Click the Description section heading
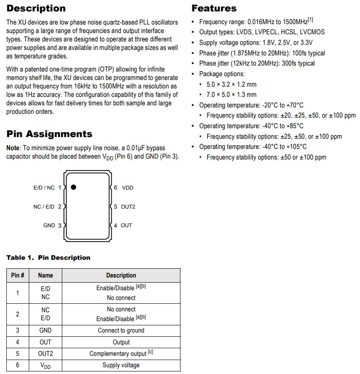36,8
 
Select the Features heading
214,8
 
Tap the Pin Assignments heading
49,134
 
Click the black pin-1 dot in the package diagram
73,187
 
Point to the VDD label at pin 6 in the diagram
127,188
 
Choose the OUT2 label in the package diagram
128,207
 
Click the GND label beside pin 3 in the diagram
49,225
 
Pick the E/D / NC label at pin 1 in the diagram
44,188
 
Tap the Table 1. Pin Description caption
48,258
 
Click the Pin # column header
17,275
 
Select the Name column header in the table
45,275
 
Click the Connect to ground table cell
121,330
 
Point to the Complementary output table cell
118,354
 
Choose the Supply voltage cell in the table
121,365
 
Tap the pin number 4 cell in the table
17,342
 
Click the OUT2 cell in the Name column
45,354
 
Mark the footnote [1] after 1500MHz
310,20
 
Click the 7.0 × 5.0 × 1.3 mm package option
231,95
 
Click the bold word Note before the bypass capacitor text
13,148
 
